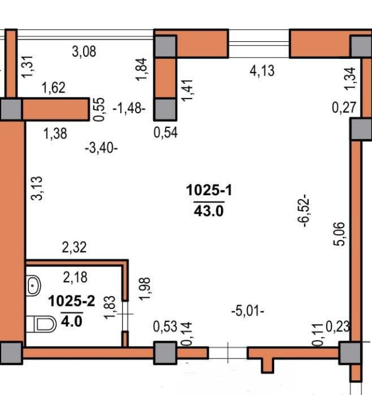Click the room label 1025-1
pyautogui.click(x=209, y=190)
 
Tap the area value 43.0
pyautogui.click(x=209, y=211)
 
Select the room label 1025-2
pyautogui.click(x=72, y=301)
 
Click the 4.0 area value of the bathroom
pyautogui.click(x=72, y=321)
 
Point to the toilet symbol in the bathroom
pyautogui.click(x=41, y=324)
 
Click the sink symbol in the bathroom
pyautogui.click(x=33, y=286)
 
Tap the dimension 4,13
pyautogui.click(x=262, y=71)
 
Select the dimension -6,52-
pyautogui.click(x=304, y=211)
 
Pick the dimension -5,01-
pyautogui.click(x=248, y=311)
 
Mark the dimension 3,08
pyautogui.click(x=84, y=52)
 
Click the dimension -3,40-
pyautogui.click(x=101, y=148)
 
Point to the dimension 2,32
pyautogui.click(x=74, y=248)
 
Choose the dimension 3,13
pyautogui.click(x=37, y=188)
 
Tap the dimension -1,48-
pyautogui.click(x=129, y=109)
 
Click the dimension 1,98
pyautogui.click(x=144, y=289)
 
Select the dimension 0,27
pyautogui.click(x=344, y=108)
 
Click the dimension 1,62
pyautogui.click(x=54, y=88)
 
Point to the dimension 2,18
pyautogui.click(x=75, y=277)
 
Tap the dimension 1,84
pyautogui.click(x=141, y=70)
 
